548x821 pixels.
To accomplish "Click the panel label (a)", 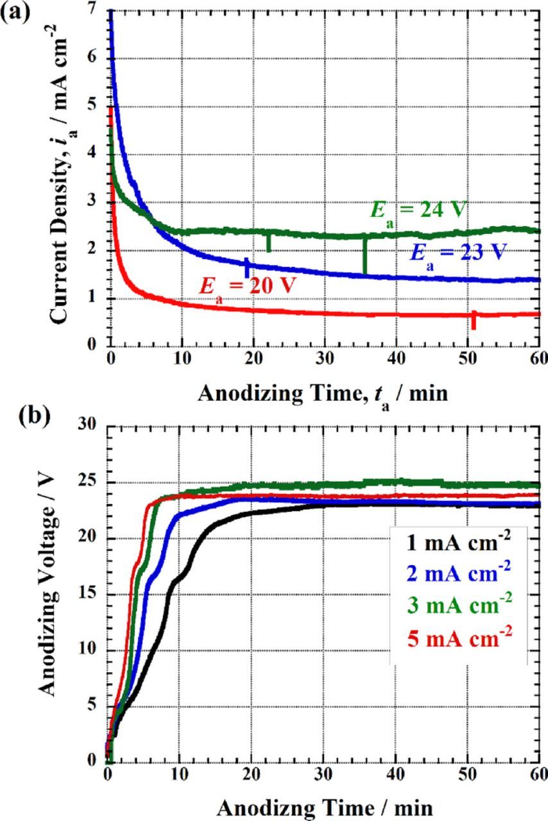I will coord(15,13).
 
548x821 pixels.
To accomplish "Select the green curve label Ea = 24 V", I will coord(417,212).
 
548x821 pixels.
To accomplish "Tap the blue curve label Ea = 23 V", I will coord(456,252).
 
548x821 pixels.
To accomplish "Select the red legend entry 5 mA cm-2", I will coord(458,638).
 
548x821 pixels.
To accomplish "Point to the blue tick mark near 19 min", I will coord(246,266).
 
